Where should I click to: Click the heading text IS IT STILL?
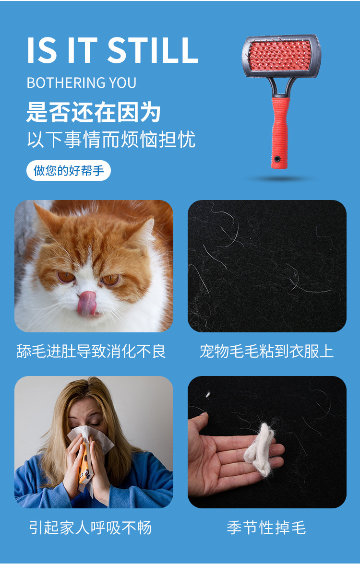pos(112,50)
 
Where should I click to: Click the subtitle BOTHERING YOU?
pos(82,82)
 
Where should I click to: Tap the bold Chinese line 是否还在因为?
pos(93,113)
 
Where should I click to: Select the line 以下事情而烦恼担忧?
pos(111,140)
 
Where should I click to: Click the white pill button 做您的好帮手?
pos(69,171)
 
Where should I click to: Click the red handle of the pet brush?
pos(280,129)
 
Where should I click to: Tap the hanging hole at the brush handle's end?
pos(277,159)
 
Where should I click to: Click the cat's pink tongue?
pos(87,304)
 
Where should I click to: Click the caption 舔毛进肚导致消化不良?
pos(91,351)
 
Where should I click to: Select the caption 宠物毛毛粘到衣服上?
pos(266,351)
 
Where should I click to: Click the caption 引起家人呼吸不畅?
pos(90,528)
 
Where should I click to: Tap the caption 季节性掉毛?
pos(266,528)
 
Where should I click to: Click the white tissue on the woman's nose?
pos(86,434)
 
